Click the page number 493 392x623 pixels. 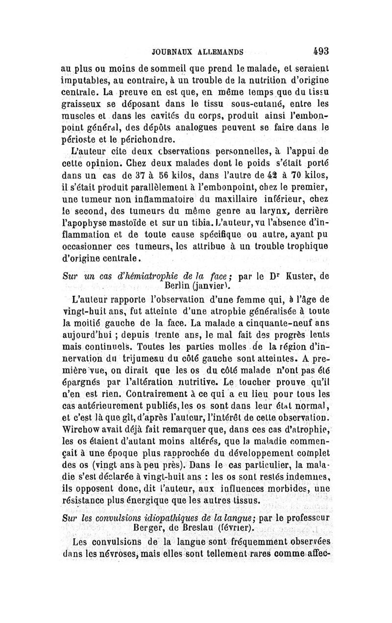pyautogui.click(x=318, y=51)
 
